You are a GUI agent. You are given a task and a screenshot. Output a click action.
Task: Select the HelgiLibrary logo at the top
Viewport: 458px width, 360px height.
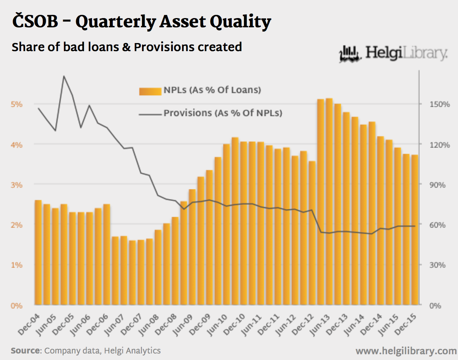click(x=393, y=54)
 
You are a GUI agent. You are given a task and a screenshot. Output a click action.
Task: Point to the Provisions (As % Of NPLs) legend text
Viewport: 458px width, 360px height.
click(x=223, y=113)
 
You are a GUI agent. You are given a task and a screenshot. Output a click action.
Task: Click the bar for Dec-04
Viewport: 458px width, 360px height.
click(x=38, y=253)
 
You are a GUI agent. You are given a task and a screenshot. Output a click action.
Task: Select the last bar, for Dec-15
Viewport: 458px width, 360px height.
click(x=415, y=230)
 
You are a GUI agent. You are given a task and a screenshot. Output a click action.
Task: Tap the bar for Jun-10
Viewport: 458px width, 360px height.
click(x=227, y=225)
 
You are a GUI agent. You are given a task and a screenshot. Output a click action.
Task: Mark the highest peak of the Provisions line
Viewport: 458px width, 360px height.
click(x=64, y=76)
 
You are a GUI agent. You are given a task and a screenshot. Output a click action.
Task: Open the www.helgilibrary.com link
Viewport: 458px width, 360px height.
click(x=406, y=351)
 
